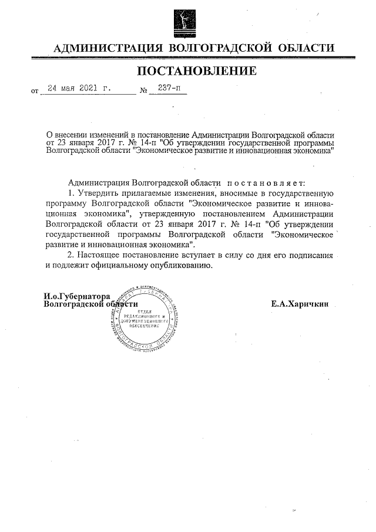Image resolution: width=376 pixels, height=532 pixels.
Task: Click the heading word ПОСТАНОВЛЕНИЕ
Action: coord(197,72)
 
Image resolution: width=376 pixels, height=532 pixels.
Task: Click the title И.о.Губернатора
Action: coord(78,296)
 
